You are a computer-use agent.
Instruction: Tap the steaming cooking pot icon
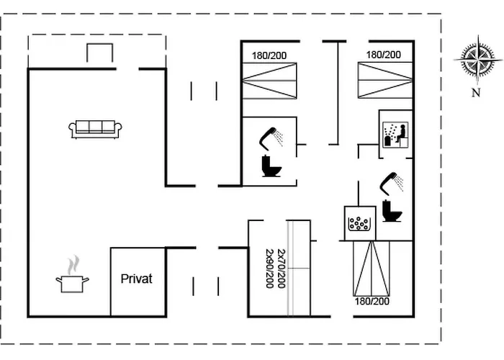pyautogui.click(x=72, y=282)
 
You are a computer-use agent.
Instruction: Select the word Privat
pyautogui.click(x=137, y=279)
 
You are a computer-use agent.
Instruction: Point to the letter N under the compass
pyautogui.click(x=475, y=92)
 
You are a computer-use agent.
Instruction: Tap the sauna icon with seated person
pyautogui.click(x=395, y=132)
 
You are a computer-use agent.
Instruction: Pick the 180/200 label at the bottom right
pyautogui.click(x=372, y=301)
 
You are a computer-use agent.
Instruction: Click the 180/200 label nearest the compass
pyautogui.click(x=384, y=55)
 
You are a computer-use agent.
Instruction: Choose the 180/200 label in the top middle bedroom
pyautogui.click(x=269, y=55)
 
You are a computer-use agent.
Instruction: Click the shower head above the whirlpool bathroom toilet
pyautogui.click(x=392, y=181)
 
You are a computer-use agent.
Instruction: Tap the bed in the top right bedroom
pyautogui.click(x=384, y=81)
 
